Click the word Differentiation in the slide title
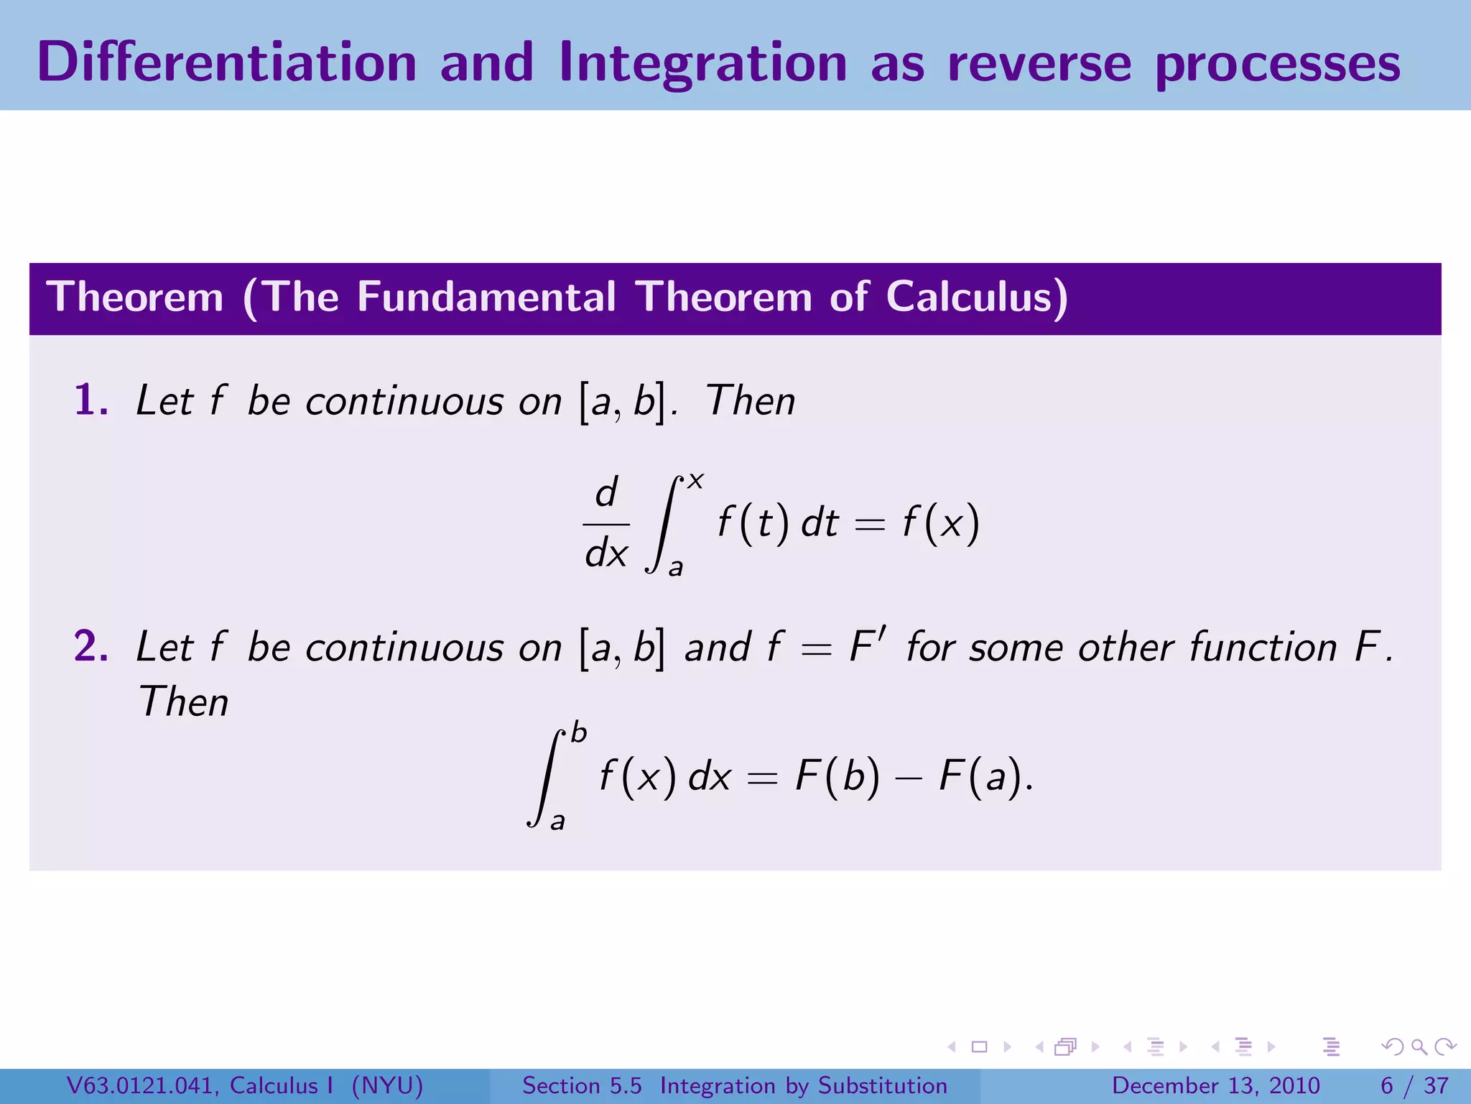tap(226, 63)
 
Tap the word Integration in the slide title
tap(702, 64)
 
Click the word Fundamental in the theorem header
tap(486, 297)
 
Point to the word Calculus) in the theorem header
tap(977, 297)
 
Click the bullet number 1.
tap(91, 400)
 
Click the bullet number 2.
tap(91, 645)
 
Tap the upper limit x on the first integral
tap(695, 480)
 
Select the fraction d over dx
tap(606, 523)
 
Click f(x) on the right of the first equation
tap(941, 523)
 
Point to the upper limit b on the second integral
tap(578, 734)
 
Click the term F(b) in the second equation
tap(837, 776)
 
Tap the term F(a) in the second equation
tap(981, 776)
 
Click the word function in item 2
tap(1263, 647)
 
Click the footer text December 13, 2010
tap(1215, 1085)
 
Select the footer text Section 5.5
tap(582, 1085)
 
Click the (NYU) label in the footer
tap(388, 1085)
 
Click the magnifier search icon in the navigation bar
tap(1419, 1046)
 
